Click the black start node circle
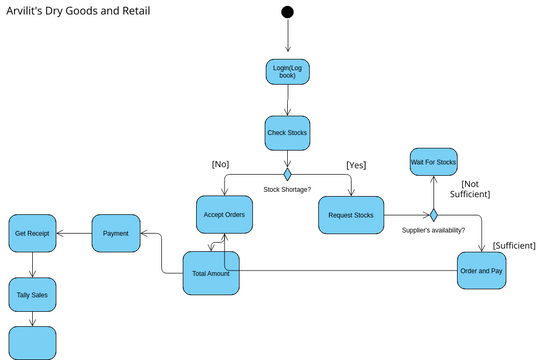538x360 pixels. [x=287, y=12]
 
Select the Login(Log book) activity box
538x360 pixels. [x=288, y=72]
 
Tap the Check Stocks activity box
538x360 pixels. [x=287, y=133]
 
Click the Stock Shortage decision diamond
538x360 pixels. [x=288, y=174]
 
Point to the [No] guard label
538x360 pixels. [x=220, y=164]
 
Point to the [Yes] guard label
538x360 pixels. [x=356, y=165]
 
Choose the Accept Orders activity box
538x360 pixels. [x=224, y=214]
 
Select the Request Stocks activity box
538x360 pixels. [x=351, y=215]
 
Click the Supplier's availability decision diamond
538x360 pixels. [x=434, y=215]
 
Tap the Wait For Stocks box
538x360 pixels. [x=434, y=162]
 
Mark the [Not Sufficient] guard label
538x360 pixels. [x=470, y=189]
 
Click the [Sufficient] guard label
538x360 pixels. [x=514, y=245]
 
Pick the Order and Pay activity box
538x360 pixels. [x=481, y=271]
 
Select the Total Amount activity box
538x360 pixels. [x=211, y=273]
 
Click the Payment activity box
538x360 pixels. [x=116, y=233]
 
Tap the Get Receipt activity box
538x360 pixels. [x=32, y=233]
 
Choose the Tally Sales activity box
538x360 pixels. [x=32, y=295]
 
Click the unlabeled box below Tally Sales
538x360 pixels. [x=32, y=343]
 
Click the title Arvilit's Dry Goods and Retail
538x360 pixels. [x=78, y=11]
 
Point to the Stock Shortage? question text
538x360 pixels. [x=287, y=189]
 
